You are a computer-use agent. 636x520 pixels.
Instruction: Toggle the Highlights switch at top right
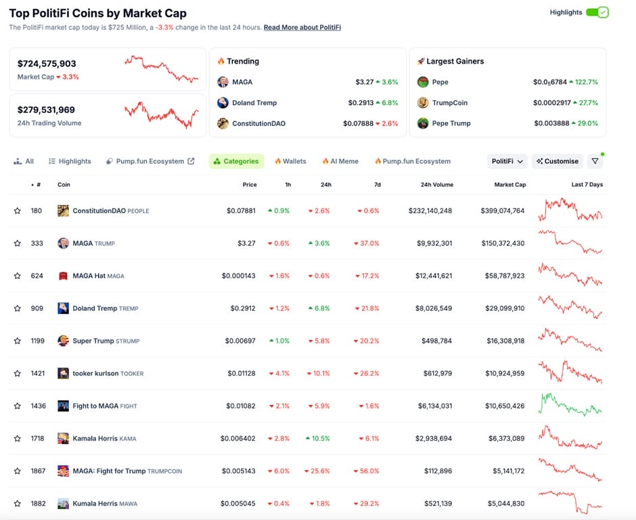click(597, 12)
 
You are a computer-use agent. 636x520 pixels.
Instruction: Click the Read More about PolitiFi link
click(302, 27)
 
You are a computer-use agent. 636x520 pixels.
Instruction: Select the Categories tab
click(236, 161)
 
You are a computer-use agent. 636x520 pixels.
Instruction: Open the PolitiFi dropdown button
click(507, 161)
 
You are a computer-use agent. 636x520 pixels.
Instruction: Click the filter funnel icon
click(595, 161)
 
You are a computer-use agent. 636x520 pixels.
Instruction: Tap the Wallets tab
click(290, 161)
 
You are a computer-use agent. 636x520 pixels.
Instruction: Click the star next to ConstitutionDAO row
click(18, 211)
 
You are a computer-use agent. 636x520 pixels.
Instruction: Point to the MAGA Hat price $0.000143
click(239, 276)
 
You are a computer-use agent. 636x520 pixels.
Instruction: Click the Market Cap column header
click(509, 185)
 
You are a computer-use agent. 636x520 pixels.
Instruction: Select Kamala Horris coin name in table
click(95, 438)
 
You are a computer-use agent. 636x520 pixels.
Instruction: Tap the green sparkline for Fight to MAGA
click(570, 405)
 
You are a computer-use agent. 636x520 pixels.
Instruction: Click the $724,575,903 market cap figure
click(47, 64)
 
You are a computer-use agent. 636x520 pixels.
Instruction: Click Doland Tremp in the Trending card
click(254, 103)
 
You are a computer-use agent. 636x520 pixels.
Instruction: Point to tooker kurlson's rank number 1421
click(37, 373)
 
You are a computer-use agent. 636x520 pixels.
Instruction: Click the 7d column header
click(377, 185)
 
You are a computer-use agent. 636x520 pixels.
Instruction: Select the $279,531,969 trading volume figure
click(46, 110)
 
